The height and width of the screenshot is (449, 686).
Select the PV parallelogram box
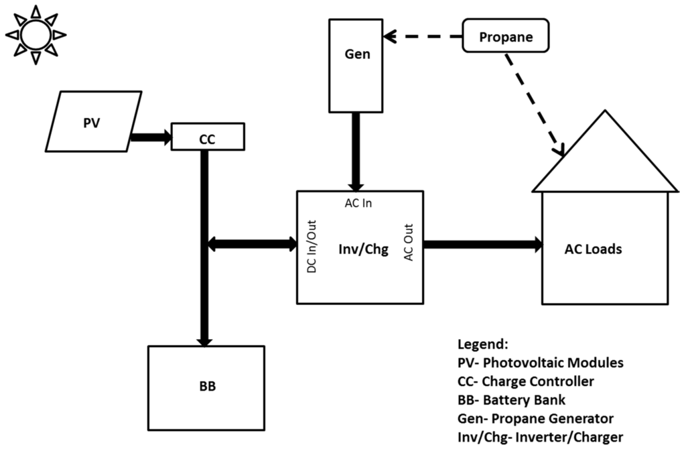(94, 121)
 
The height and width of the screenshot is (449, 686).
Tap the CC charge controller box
(207, 137)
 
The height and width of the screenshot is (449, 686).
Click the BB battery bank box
(206, 387)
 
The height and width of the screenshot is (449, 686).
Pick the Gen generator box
(357, 64)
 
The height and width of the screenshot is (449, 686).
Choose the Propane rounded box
(506, 37)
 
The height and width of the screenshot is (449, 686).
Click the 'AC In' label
(358, 203)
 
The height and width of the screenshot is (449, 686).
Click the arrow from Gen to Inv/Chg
(356, 151)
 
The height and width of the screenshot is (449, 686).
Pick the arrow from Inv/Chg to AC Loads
(482, 244)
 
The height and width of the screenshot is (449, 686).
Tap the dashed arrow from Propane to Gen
(426, 34)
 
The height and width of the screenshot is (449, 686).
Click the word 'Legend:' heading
(482, 344)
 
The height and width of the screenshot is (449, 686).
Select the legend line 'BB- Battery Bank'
(512, 400)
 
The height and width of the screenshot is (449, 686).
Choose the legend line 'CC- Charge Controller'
(525, 381)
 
